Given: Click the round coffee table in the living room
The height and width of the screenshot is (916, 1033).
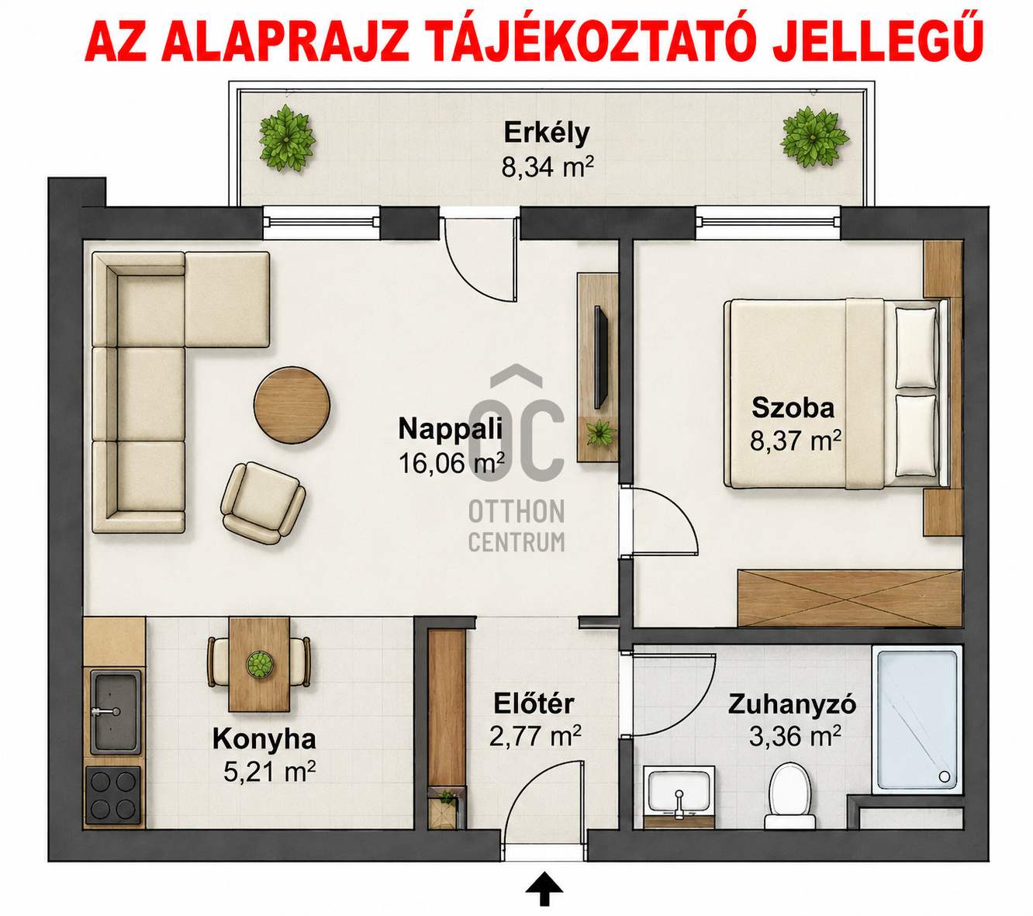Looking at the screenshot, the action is pyautogui.click(x=292, y=404).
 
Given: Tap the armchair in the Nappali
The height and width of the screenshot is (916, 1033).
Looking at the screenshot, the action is pyautogui.click(x=263, y=503).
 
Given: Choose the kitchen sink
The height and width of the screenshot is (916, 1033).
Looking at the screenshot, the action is pyautogui.click(x=116, y=712).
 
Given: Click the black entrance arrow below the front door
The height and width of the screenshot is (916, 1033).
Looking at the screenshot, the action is pyautogui.click(x=544, y=888).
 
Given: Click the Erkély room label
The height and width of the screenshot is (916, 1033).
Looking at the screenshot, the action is pyautogui.click(x=547, y=133).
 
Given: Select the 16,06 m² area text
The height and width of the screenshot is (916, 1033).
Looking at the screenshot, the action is pyautogui.click(x=451, y=463).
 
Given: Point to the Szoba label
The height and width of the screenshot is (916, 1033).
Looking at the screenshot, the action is pyautogui.click(x=793, y=407).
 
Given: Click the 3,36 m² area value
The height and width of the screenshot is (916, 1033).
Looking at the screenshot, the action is pyautogui.click(x=795, y=736).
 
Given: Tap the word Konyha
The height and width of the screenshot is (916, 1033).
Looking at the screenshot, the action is pyautogui.click(x=264, y=738).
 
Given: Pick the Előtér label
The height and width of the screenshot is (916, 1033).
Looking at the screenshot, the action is pyautogui.click(x=534, y=703).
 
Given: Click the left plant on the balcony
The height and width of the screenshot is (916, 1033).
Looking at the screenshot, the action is pyautogui.click(x=286, y=138).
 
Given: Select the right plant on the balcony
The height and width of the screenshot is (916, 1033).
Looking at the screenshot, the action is pyautogui.click(x=814, y=137).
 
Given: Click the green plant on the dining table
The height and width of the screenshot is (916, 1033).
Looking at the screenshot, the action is pyautogui.click(x=260, y=665).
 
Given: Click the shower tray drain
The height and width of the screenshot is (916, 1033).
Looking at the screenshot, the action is pyautogui.click(x=944, y=776).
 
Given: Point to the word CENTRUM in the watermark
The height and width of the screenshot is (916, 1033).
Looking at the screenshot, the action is pyautogui.click(x=516, y=541).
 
